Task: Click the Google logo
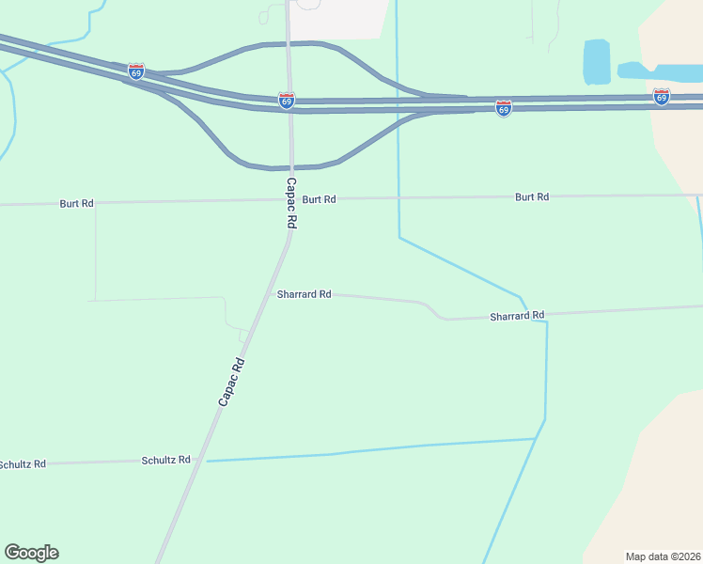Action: pos(32,553)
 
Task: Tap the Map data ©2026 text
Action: pos(663,556)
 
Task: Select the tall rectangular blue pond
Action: pos(597,62)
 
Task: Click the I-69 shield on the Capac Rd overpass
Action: pos(287,100)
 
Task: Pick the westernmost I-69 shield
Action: pos(136,71)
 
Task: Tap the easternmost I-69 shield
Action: pos(662,97)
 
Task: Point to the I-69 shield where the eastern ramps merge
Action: pos(504,109)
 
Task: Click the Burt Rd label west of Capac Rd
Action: pos(76,203)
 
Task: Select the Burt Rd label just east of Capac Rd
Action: pos(319,199)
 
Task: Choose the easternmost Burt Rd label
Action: pos(531,197)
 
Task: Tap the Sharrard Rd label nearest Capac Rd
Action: pos(304,294)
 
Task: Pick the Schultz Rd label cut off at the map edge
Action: pos(22,464)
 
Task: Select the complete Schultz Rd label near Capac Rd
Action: pos(165,461)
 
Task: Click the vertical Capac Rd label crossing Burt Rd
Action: pos(291,204)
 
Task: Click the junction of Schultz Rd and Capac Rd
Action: pos(202,460)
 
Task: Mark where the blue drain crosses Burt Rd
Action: pos(398,197)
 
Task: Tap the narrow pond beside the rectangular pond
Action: pos(658,71)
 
